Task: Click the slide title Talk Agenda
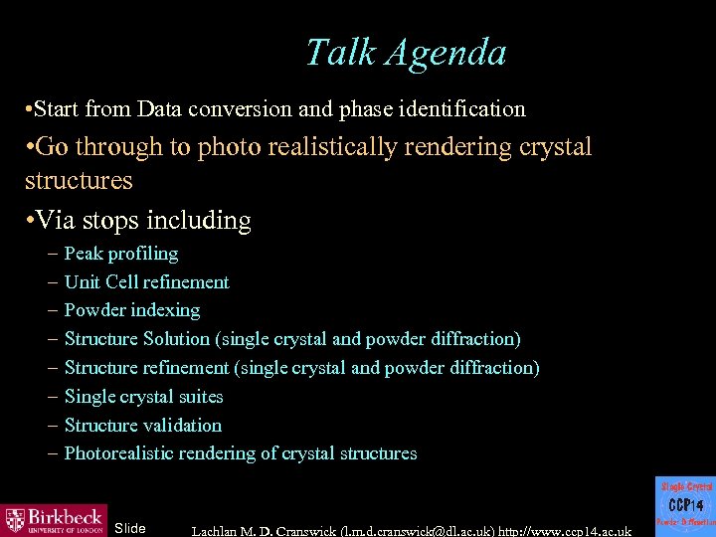coord(406,53)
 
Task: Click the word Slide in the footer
coord(130,528)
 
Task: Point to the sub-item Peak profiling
coord(121,254)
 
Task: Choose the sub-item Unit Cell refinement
coord(146,282)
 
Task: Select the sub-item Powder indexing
coord(131,311)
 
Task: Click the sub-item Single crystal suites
coord(143,397)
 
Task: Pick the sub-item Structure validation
coord(142,426)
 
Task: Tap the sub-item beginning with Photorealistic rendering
coord(240,453)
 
